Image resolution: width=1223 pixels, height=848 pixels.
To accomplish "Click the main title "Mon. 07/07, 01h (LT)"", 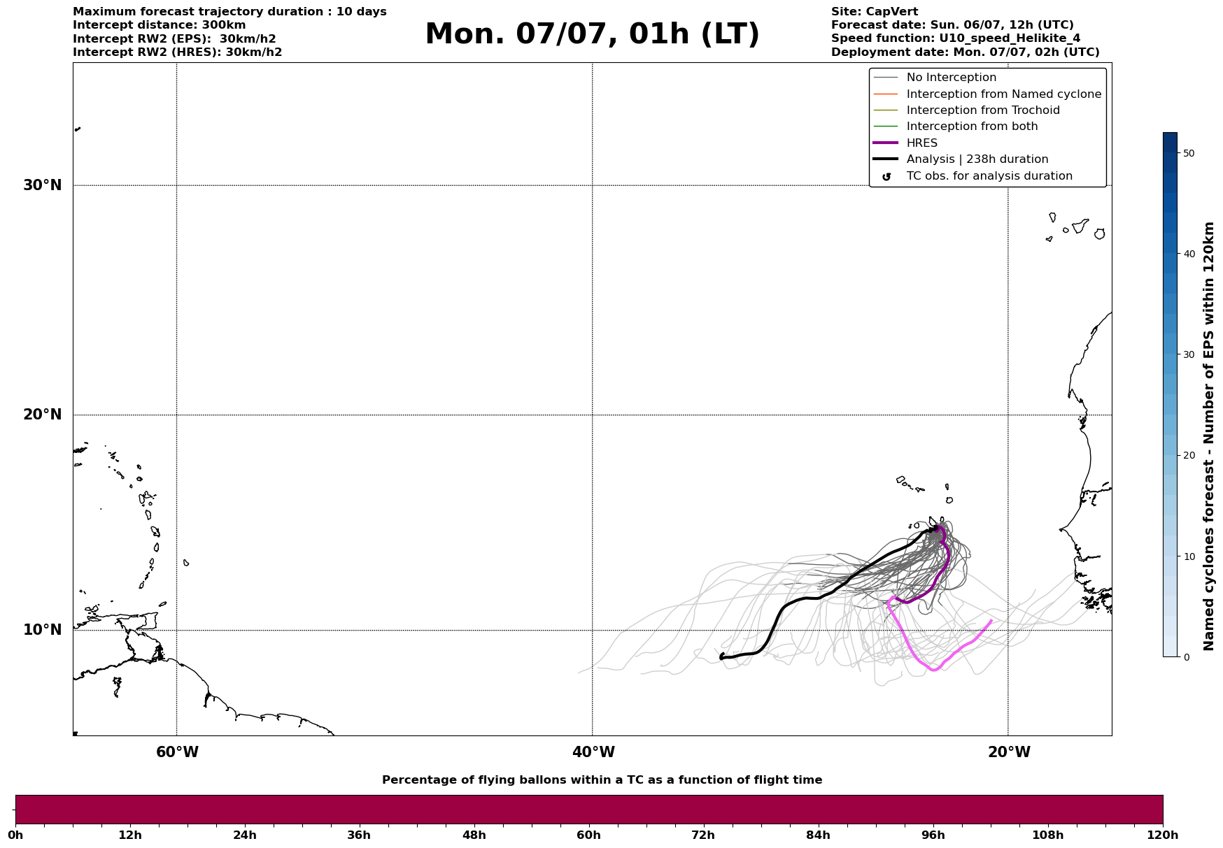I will tap(592, 35).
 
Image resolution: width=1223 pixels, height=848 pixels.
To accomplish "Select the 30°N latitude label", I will tap(43, 185).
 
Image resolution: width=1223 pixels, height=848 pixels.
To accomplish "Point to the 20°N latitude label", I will tap(43, 415).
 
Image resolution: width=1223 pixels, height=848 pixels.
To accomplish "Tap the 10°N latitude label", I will tap(43, 630).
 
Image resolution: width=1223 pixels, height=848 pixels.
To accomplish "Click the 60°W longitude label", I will tap(177, 752).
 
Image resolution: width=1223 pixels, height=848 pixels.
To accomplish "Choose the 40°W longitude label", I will tap(593, 752).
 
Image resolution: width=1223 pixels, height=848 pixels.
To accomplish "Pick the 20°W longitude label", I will tap(1009, 752).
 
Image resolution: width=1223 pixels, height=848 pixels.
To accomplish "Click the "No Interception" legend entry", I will tap(951, 78).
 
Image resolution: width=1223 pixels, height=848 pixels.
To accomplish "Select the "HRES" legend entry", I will tap(921, 143).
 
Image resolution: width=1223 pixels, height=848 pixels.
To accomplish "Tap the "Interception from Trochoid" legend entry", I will tap(982, 110).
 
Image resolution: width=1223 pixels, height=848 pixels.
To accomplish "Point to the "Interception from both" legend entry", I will tap(972, 127).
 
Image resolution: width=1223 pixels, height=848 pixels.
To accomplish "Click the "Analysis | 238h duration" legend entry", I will tap(977, 159).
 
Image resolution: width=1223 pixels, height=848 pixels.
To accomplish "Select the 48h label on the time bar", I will tap(474, 835).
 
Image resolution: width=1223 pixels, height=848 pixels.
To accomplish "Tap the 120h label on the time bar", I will tap(1162, 835).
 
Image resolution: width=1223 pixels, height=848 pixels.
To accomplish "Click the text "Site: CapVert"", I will tap(874, 12).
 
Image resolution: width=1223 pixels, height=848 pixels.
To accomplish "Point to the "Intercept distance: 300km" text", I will tap(159, 25).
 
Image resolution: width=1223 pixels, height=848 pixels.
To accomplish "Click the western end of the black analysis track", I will tap(721, 656).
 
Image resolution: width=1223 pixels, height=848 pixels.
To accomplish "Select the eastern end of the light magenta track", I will tap(991, 621).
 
